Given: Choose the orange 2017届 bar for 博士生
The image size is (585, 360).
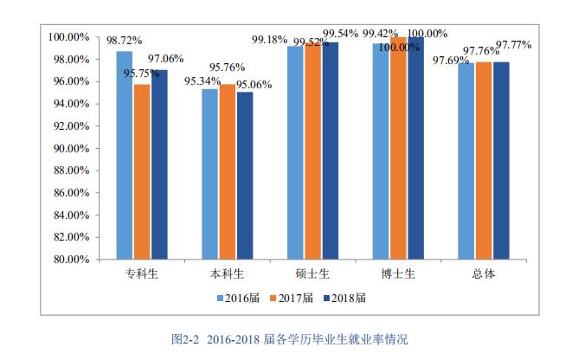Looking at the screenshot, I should (398, 148).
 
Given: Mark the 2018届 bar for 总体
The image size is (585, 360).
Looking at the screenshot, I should (500, 160).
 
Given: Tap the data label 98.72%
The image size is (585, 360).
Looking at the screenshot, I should (124, 41).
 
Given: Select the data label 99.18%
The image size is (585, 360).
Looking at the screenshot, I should (269, 40).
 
